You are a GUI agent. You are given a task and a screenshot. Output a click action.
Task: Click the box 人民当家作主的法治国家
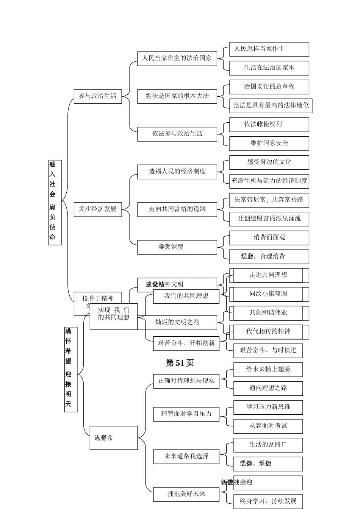tap(177, 58)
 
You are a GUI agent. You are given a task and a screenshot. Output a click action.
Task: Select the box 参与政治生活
tap(97, 96)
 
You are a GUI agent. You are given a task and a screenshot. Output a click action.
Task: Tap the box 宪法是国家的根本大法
tap(177, 96)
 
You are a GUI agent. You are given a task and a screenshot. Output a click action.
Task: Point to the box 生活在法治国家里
tap(269, 68)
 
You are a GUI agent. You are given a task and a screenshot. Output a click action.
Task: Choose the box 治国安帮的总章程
tap(269, 87)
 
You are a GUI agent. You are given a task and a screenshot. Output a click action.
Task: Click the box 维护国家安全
tap(269, 143)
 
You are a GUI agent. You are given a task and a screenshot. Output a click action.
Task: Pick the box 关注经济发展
tap(97, 209)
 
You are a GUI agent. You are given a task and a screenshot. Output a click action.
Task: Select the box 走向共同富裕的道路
tap(177, 209)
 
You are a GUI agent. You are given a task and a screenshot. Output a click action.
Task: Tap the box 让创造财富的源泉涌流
tap(269, 219)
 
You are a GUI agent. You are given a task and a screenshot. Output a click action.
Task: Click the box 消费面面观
tap(269, 237)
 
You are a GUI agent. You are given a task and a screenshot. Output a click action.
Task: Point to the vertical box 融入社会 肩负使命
tap(55, 202)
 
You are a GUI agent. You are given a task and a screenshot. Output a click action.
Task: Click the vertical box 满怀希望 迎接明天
tap(70, 369)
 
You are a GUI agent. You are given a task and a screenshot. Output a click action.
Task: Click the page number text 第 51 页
tap(180, 363)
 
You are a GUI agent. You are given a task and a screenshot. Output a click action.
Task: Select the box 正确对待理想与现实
tap(186, 381)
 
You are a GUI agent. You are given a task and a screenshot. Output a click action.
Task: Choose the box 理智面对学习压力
tap(186, 414)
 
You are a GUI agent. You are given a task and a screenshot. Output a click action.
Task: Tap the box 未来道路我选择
tap(186, 456)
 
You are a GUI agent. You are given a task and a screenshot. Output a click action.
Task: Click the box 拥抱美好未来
tap(186, 494)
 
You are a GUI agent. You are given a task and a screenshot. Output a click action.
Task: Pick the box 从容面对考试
tap(268, 426)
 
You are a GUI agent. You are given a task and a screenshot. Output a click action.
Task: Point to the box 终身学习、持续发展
tap(268, 501)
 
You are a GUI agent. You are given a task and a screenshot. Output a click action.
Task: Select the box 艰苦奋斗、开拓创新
tap(186, 343)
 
